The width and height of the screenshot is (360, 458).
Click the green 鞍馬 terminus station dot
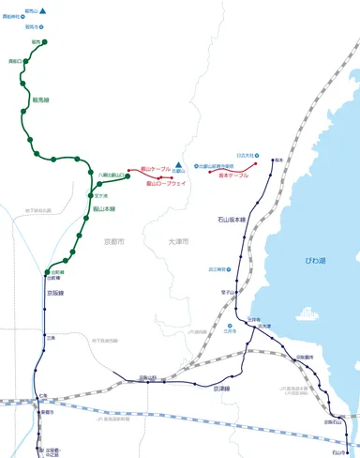click(x=44, y=42)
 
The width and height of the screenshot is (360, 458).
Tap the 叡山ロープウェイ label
click(x=167, y=184)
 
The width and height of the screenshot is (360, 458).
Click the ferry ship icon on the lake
click(x=307, y=313)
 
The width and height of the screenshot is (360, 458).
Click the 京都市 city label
click(x=114, y=241)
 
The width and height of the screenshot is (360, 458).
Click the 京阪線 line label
click(x=54, y=292)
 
